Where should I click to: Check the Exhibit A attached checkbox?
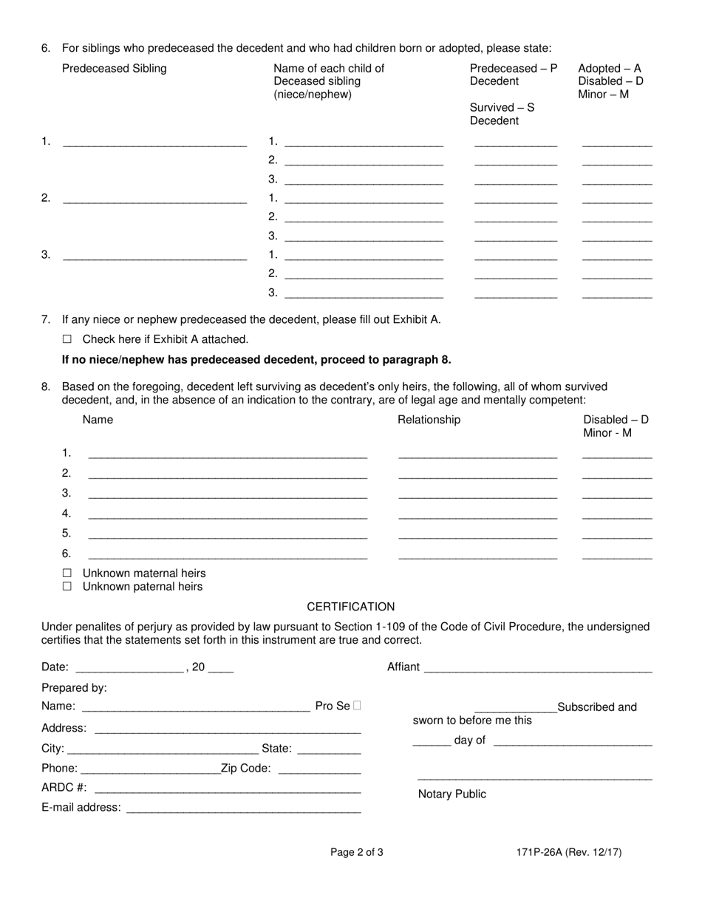67,339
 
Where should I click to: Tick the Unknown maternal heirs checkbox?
67,573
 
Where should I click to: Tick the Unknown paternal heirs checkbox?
67,586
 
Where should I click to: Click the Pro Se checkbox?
358,706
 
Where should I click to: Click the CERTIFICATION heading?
350,607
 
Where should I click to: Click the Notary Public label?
452,794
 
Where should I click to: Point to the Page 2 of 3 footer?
356,852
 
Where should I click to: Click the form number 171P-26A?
569,852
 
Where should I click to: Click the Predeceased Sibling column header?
115,69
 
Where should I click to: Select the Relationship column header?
429,420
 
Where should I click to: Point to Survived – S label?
502,108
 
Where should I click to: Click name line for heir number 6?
228,555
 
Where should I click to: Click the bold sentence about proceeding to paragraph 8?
256,360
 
